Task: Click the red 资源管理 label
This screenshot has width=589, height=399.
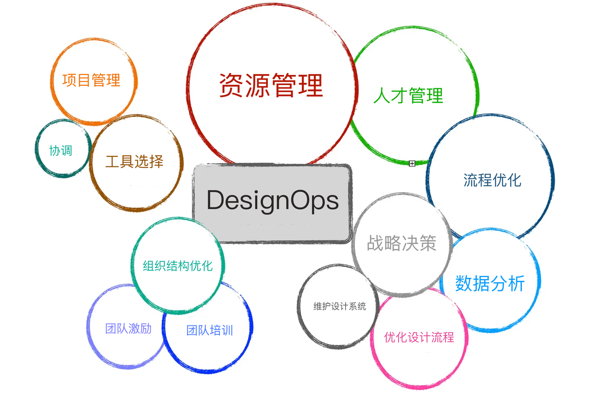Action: click(271, 85)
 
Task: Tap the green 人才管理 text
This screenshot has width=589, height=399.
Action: click(408, 96)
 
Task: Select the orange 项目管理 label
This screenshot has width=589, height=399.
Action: click(91, 80)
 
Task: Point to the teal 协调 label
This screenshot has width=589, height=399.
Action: click(61, 150)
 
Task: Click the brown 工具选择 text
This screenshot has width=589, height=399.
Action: click(134, 161)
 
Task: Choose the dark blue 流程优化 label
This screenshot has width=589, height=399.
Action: click(492, 180)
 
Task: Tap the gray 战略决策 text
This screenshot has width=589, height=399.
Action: click(402, 243)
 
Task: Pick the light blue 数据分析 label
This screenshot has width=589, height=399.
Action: click(490, 284)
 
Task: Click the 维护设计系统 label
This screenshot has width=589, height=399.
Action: click(340, 306)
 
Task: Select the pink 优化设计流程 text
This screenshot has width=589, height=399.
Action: click(419, 337)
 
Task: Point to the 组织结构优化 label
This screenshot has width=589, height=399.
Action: click(178, 266)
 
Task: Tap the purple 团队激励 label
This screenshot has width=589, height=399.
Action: click(128, 329)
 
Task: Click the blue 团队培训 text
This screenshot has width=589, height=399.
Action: click(210, 331)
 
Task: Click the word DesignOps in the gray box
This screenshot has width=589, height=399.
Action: click(273, 201)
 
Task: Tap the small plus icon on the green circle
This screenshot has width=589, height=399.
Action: click(412, 164)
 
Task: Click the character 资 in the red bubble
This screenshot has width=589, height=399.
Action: click(231, 85)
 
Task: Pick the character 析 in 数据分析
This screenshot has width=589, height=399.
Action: click(517, 284)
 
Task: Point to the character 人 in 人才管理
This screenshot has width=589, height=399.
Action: click(382, 96)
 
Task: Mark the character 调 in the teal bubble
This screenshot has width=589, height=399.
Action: click(67, 150)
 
